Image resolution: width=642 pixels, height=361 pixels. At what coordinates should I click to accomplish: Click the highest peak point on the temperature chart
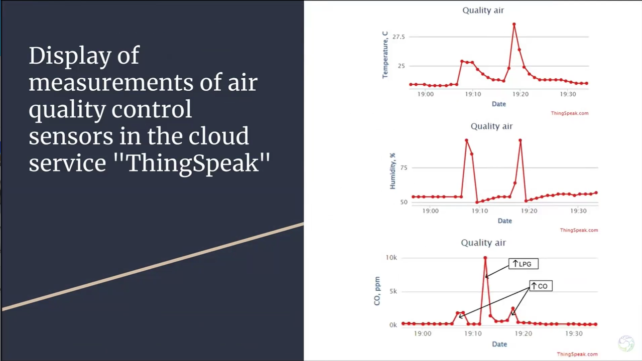[x=514, y=25]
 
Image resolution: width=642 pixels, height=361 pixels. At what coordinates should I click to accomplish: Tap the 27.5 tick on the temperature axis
[x=399, y=37]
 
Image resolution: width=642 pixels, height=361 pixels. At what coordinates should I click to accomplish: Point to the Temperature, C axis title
[x=385, y=55]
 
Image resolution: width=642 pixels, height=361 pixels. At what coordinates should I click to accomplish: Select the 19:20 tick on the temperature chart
[x=521, y=94]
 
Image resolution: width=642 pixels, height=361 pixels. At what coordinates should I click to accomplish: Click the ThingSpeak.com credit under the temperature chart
[x=570, y=113]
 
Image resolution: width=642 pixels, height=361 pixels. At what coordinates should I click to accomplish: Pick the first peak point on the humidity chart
[x=467, y=140]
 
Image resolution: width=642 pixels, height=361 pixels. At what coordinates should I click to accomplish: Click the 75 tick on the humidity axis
[x=404, y=168]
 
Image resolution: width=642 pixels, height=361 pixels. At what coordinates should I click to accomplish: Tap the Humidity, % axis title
[x=393, y=171]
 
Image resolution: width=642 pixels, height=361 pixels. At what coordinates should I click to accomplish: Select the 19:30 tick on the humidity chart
[x=578, y=211]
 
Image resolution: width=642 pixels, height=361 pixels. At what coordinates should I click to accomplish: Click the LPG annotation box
[x=524, y=264]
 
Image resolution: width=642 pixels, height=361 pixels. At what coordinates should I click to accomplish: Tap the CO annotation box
[x=541, y=286]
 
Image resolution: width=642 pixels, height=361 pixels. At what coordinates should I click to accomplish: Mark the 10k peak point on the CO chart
[x=485, y=258]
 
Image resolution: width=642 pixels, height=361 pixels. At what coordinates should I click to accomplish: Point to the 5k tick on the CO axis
[x=393, y=291]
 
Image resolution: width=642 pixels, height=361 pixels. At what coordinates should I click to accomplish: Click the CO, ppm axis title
[x=377, y=291]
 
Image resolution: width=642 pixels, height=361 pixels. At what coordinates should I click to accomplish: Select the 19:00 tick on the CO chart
[x=423, y=333]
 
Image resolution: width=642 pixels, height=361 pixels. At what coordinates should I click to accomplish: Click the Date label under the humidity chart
[x=504, y=221]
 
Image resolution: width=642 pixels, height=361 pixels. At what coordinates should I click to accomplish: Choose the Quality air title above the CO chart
[x=483, y=243]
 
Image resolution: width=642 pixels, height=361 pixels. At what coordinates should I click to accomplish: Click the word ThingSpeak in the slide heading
[x=193, y=163]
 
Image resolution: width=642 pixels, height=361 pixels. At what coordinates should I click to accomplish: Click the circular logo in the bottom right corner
[x=626, y=343]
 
